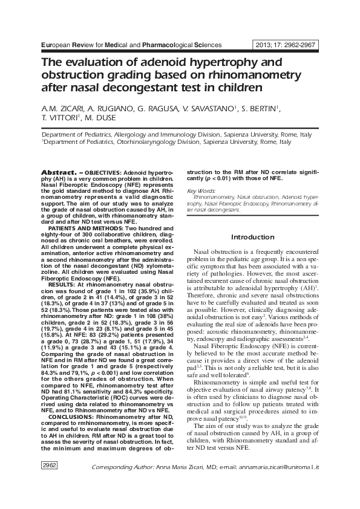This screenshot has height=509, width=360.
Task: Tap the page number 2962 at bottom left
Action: click(49, 482)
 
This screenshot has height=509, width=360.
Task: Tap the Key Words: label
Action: click(201, 190)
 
